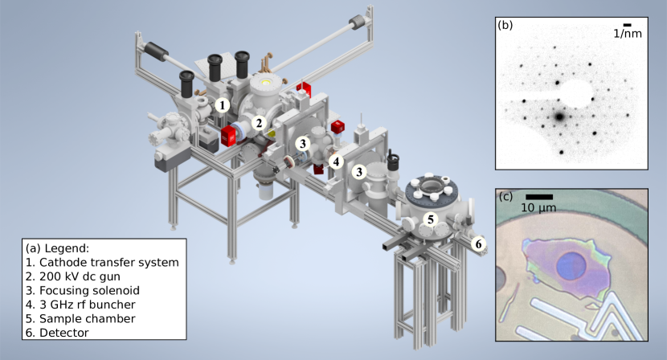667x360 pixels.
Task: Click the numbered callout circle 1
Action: [222, 105]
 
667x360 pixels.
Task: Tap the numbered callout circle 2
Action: [259, 124]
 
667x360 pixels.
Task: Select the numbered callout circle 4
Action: [336, 162]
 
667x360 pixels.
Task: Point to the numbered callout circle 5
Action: [431, 219]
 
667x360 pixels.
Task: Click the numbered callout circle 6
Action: [479, 244]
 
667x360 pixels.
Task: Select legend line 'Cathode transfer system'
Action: [102, 263]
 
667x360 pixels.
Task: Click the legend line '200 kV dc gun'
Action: [73, 276]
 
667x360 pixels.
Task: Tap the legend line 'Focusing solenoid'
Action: [83, 291]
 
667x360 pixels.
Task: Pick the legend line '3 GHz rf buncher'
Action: [80, 305]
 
